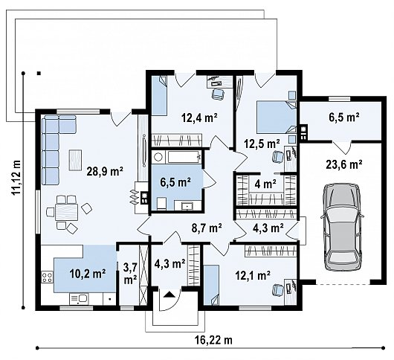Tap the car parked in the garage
pos(342,227)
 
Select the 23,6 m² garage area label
pos(344,164)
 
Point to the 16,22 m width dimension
pos(213,340)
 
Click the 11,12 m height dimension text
pos(16,177)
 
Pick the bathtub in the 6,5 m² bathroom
pos(184,158)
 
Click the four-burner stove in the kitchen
pos(48,277)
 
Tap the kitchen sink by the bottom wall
pos(79,299)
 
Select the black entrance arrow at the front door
pos(169,295)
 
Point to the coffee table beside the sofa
pos(75,159)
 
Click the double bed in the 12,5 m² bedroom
pos(276,118)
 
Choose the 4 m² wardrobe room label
pos(265,184)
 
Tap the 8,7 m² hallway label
pos(205,228)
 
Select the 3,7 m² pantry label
pos(130,273)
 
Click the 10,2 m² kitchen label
pos(87,273)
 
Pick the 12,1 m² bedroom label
pos(253,275)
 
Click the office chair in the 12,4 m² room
pos(218,94)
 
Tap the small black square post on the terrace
pos(39,73)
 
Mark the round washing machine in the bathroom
pos(158,158)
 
